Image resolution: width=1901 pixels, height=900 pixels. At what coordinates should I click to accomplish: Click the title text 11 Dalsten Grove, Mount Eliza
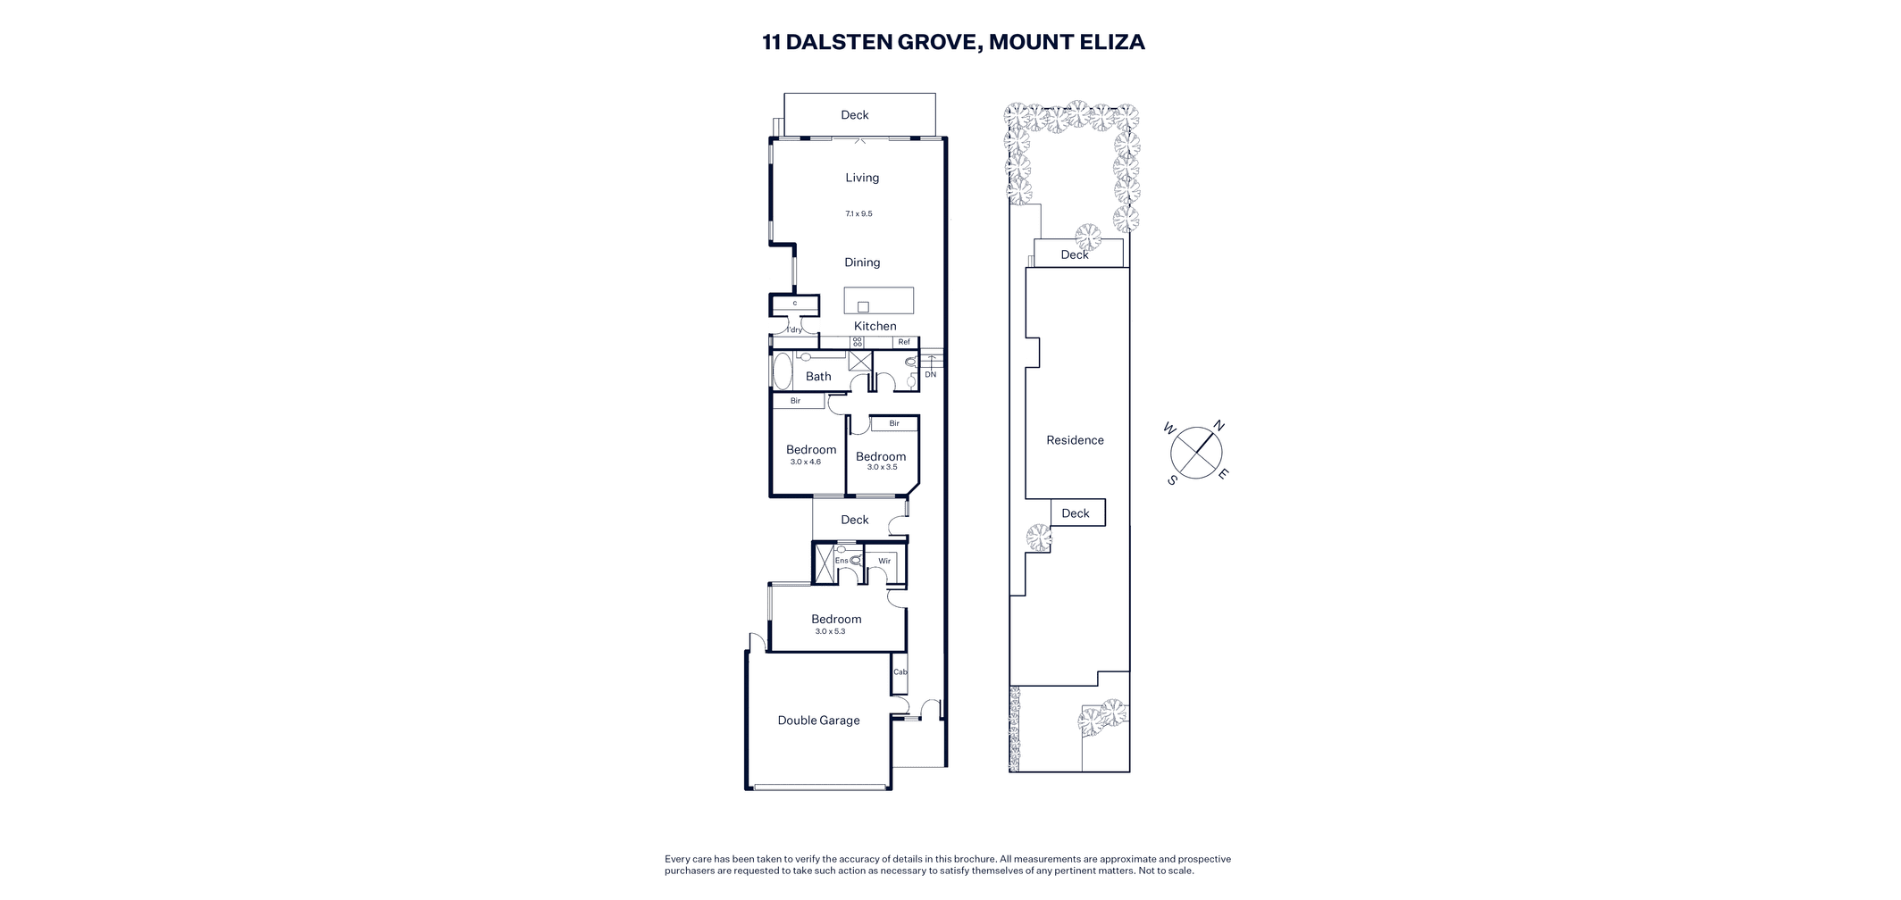coord(953,42)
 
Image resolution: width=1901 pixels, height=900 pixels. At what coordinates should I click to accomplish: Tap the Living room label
coord(862,178)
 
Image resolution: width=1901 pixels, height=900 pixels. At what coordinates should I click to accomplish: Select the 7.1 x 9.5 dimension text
coord(858,214)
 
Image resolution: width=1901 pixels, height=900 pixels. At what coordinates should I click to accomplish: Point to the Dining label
coord(862,262)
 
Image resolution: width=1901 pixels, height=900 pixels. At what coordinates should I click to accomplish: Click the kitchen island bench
coord(879,300)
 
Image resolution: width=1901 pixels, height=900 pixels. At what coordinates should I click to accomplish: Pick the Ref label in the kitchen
coord(904,342)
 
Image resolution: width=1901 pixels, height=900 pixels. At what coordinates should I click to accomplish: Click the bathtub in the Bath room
coord(783,371)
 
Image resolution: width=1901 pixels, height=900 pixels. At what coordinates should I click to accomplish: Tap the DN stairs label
coord(931,375)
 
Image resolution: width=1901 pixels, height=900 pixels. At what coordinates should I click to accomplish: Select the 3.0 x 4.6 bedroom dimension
coord(805,462)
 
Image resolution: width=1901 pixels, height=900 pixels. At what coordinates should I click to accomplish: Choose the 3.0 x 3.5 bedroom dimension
coord(882,468)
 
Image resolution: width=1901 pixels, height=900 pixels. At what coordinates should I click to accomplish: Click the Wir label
coord(884,562)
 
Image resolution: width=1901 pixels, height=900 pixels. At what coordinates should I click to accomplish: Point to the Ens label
coord(842,561)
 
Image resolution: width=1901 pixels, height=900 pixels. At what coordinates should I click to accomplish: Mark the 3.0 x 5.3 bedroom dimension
coord(830,632)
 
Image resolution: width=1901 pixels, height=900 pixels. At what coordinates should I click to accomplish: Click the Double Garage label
coord(818,721)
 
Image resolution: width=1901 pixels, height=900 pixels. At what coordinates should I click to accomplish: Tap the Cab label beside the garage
coord(900,672)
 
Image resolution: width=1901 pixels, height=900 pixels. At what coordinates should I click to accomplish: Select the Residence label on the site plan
coord(1075,440)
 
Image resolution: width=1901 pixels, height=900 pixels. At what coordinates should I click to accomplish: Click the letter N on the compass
coord(1218,426)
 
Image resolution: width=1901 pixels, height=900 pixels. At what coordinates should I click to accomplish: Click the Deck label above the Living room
coord(855,115)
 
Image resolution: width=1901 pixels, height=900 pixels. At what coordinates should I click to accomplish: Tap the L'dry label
coord(794,330)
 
